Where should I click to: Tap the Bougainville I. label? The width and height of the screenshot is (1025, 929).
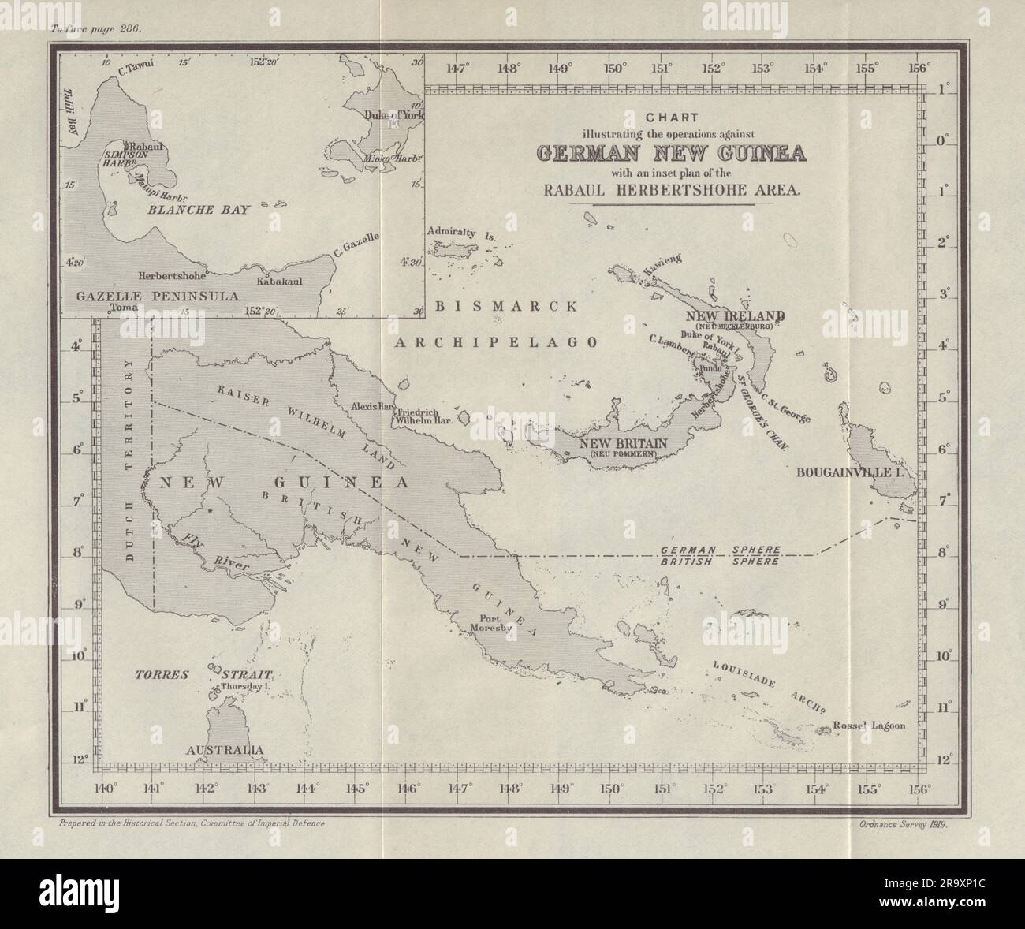pyautogui.click(x=848, y=473)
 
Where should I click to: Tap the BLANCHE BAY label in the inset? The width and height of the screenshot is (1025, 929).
pyautogui.click(x=197, y=210)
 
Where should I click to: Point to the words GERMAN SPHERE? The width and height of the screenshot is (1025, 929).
pyautogui.click(x=721, y=549)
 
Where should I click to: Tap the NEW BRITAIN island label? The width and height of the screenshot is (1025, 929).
pyautogui.click(x=624, y=443)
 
